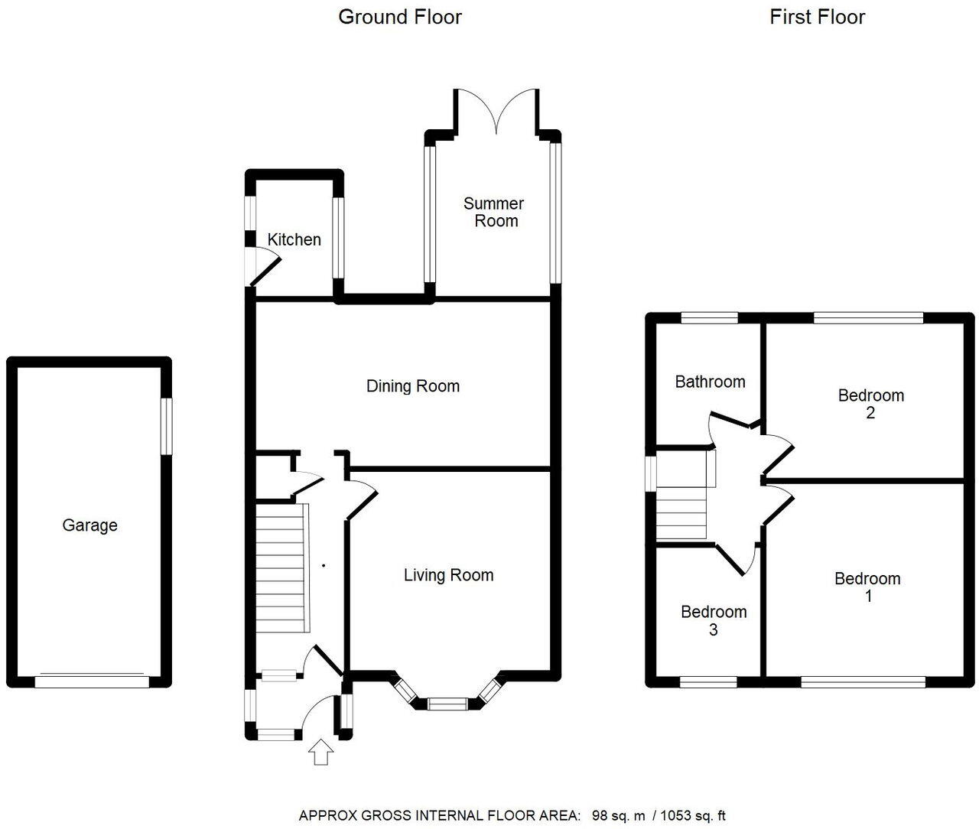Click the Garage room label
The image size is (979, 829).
(89, 525)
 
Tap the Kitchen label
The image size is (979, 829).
(294, 239)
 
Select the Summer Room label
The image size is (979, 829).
(494, 212)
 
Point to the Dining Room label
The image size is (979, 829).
(413, 386)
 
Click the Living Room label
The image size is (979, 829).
(449, 575)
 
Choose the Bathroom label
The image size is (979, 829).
(710, 382)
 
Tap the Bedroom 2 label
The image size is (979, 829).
(870, 404)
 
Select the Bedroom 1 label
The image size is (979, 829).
(867, 587)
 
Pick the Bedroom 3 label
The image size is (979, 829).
(714, 620)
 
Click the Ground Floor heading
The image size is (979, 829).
(400, 17)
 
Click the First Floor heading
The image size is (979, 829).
(817, 17)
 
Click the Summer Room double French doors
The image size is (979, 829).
(498, 111)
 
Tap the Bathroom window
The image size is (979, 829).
(710, 317)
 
